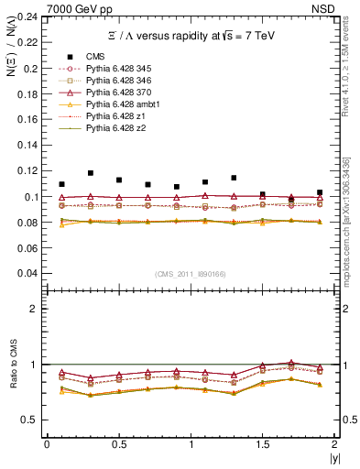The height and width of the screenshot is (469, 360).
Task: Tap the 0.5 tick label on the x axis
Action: pyautogui.click(x=118, y=444)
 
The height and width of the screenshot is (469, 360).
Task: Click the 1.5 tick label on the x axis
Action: pyautogui.click(x=262, y=444)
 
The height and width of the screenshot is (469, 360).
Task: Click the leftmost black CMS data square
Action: pyautogui.click(x=61, y=184)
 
